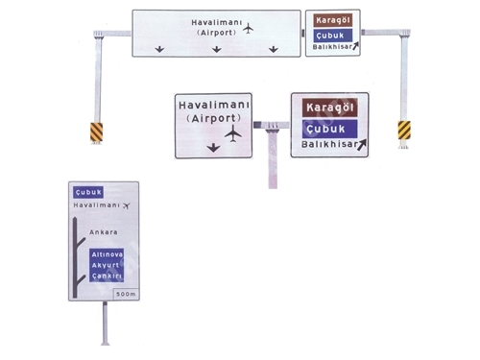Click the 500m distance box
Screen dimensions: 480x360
[126, 294]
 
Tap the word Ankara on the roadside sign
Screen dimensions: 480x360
[104, 232]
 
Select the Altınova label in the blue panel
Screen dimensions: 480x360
[107, 254]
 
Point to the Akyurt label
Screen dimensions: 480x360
[106, 265]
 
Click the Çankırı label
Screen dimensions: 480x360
[107, 276]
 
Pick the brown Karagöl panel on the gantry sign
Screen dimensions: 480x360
[333, 20]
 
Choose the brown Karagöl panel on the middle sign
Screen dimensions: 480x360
[330, 108]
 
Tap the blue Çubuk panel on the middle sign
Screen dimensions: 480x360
[330, 129]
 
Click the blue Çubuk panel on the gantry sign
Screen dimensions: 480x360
[333, 36]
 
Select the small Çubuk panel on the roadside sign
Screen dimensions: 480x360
[88, 192]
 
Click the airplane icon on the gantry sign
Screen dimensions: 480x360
[248, 29]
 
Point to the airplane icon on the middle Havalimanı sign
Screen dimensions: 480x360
[233, 133]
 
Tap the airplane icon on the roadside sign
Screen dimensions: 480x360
[127, 205]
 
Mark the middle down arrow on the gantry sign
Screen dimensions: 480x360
[217, 49]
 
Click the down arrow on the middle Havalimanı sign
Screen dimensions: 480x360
[213, 148]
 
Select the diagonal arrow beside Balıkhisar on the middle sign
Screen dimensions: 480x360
[361, 145]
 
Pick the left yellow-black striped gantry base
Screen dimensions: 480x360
[96, 132]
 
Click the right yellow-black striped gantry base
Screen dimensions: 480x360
[404, 131]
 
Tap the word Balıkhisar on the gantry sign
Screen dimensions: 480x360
[332, 47]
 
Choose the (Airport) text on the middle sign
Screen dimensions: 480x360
[213, 118]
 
